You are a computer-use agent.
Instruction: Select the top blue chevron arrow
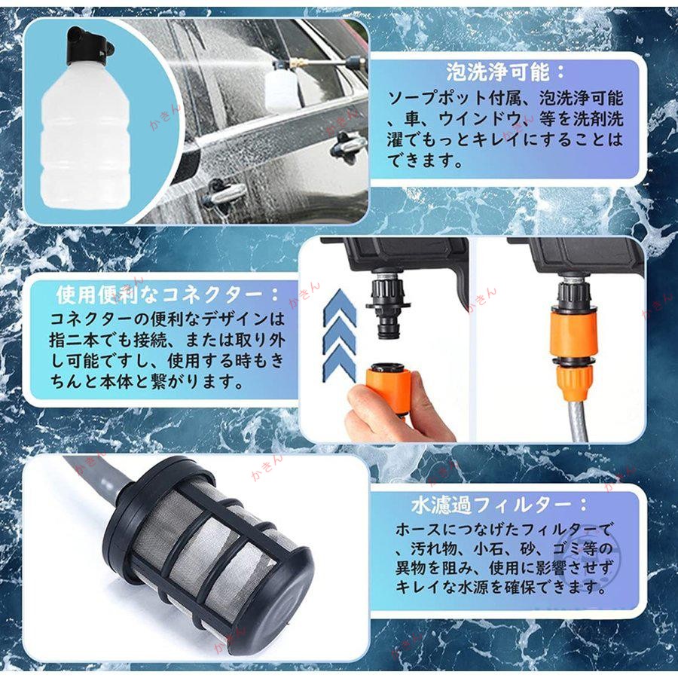pos(340,309)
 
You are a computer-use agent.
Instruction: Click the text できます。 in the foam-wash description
pos(425,161)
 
